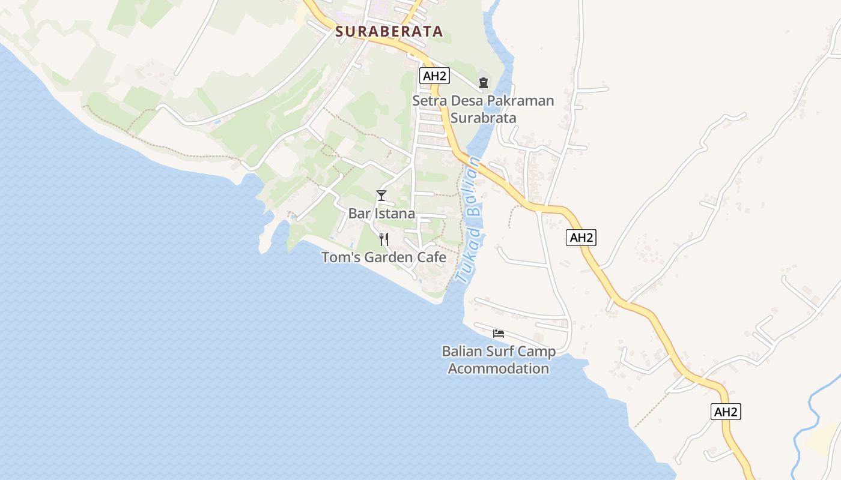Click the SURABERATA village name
pos(389,32)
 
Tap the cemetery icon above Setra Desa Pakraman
pos(484,83)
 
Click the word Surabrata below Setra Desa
pos(483,118)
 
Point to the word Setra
pos(428,101)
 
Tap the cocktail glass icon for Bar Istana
pos(381,196)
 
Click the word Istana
pos(395,214)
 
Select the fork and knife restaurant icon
pos(384,239)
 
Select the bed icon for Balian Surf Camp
pos(498,334)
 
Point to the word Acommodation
pos(499,368)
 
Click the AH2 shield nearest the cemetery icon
pos(434,76)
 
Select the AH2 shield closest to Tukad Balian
pos(581,238)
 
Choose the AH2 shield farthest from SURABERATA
pos(726,412)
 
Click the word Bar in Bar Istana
pos(360,214)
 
